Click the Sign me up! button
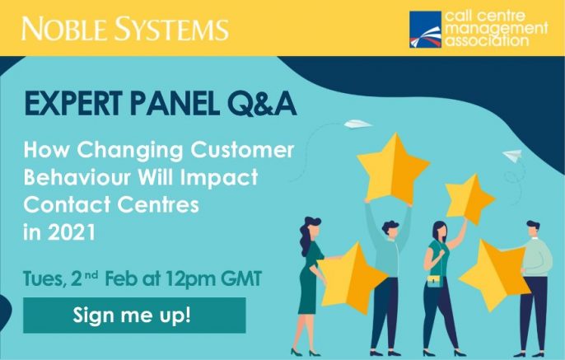(x=134, y=315)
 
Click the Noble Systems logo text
(x=125, y=29)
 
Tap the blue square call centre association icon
(x=425, y=29)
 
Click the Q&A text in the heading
(x=262, y=105)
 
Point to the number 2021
(x=72, y=232)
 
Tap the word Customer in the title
(x=242, y=150)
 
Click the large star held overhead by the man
(x=393, y=168)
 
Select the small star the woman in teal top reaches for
(x=469, y=199)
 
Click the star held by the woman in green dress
(x=352, y=278)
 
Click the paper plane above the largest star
(x=357, y=124)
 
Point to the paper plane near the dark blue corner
(x=513, y=156)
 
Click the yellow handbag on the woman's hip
(x=435, y=280)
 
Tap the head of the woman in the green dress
(x=311, y=228)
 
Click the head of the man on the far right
(x=534, y=229)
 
